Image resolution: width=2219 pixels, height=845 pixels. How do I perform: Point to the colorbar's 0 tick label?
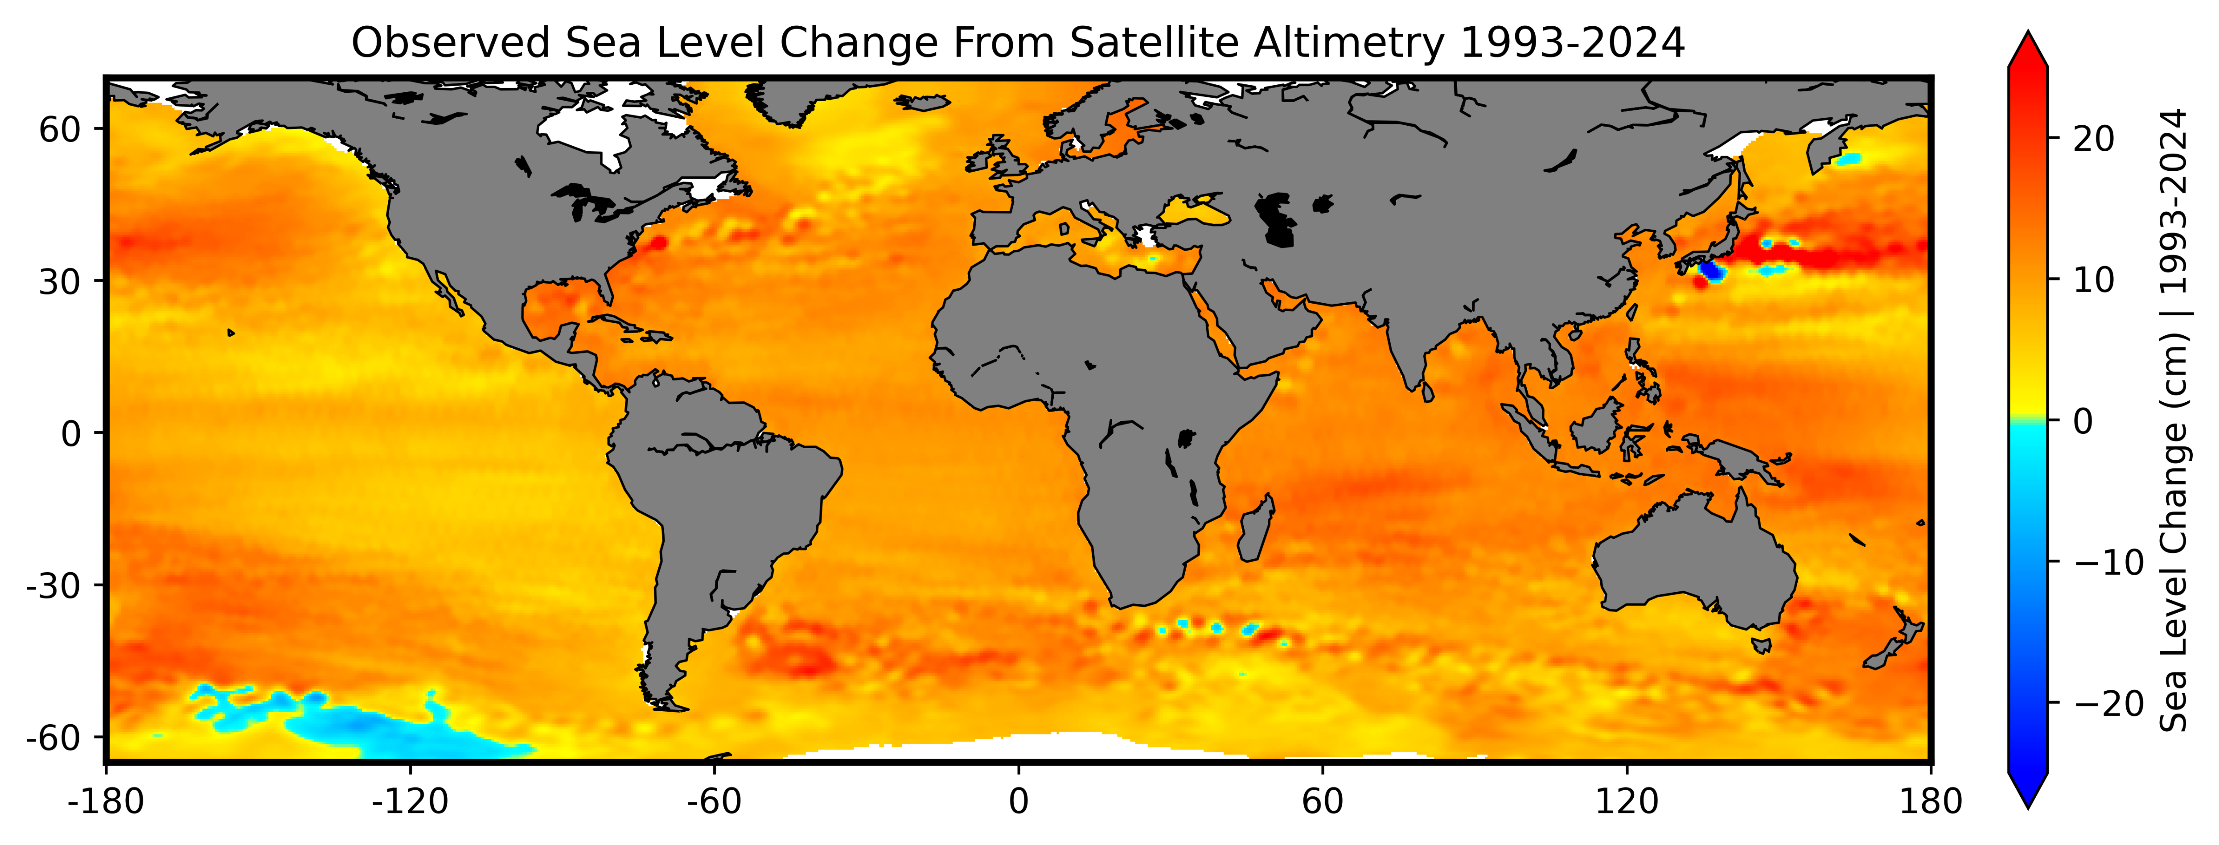(2083, 421)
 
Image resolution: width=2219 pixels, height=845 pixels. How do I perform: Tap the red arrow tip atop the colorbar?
(2028, 47)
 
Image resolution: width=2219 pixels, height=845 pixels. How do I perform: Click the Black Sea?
(1195, 211)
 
